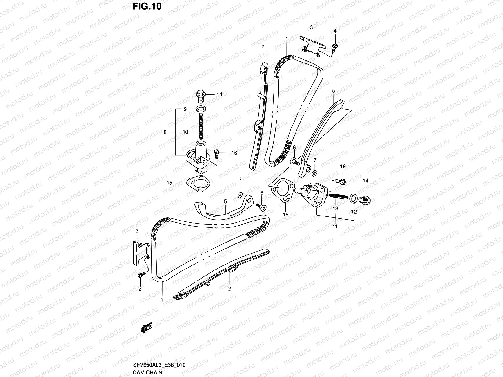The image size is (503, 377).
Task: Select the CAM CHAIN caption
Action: [x=147, y=372]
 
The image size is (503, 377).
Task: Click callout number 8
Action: [x=165, y=132]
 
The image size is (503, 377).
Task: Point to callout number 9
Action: [x=185, y=109]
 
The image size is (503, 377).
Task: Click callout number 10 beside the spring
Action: [x=185, y=132]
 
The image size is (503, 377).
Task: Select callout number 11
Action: [x=335, y=226]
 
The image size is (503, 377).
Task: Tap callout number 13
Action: [x=335, y=208]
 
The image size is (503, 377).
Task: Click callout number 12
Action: [x=354, y=212]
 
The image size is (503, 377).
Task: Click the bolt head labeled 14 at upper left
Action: [x=200, y=94]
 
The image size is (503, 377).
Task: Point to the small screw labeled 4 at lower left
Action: [x=141, y=275]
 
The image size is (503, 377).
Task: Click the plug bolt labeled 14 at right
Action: [x=366, y=199]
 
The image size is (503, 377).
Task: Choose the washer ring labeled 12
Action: [x=353, y=198]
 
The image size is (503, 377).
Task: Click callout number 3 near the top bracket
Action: [x=312, y=27]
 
